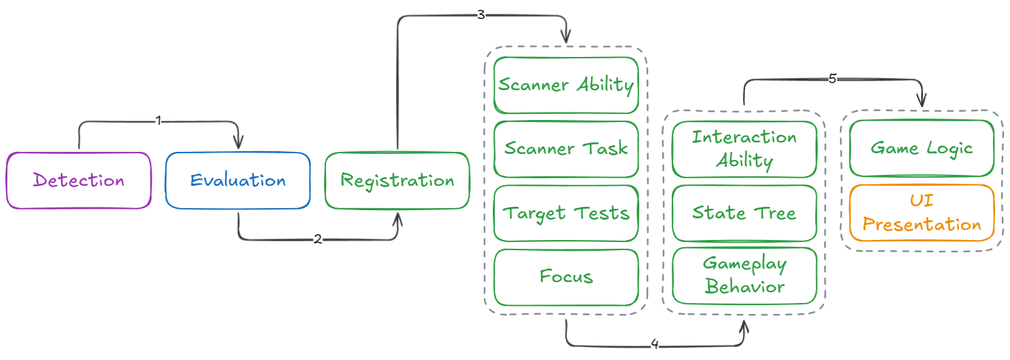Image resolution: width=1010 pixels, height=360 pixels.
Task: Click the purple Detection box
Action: pyautogui.click(x=79, y=180)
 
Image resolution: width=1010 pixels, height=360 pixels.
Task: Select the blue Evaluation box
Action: pyautogui.click(x=238, y=180)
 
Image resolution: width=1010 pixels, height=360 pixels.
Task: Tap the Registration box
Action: pyautogui.click(x=397, y=180)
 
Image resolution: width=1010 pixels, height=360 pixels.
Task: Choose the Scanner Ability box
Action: pyautogui.click(x=566, y=85)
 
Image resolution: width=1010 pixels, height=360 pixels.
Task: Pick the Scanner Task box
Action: pyautogui.click(x=566, y=149)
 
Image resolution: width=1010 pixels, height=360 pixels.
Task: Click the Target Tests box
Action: pyautogui.click(x=566, y=213)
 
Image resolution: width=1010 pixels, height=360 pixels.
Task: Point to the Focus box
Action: pyautogui.click(x=566, y=277)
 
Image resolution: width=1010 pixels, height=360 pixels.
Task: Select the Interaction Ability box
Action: pyautogui.click(x=744, y=149)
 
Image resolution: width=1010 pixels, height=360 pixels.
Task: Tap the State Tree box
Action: pyautogui.click(x=744, y=213)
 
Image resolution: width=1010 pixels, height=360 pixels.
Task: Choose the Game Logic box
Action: pyautogui.click(x=922, y=148)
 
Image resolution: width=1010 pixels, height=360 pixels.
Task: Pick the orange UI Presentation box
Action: pyautogui.click(x=922, y=213)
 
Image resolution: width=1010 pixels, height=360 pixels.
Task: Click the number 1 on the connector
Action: pyautogui.click(x=159, y=121)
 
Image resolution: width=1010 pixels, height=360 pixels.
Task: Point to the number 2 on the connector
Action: pyautogui.click(x=317, y=239)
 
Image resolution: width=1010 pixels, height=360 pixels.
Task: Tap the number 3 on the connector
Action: pyautogui.click(x=481, y=15)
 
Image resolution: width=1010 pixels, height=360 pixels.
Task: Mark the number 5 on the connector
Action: pyautogui.click(x=833, y=79)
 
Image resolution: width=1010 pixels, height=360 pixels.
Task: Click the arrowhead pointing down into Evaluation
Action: pyautogui.click(x=238, y=144)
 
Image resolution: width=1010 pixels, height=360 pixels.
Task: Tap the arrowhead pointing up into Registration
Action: pyautogui.click(x=398, y=218)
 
